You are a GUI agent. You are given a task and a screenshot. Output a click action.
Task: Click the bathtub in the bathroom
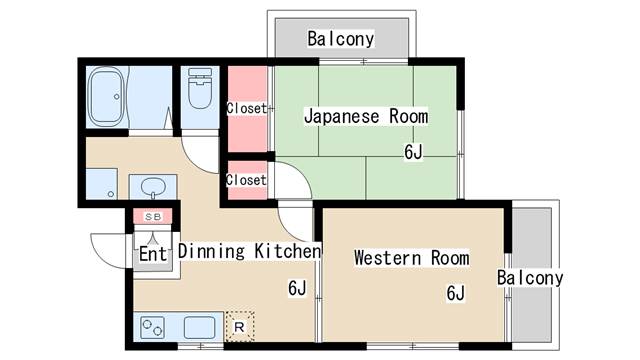coord(106,97)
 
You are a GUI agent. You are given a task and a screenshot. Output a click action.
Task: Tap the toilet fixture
coord(200,88)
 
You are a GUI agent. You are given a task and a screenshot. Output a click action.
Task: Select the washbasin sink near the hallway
coord(153,187)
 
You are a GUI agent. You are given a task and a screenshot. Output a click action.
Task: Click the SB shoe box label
coord(153,217)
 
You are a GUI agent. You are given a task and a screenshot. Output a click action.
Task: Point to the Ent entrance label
coord(153,254)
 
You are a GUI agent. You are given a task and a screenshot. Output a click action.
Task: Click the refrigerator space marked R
coord(240,327)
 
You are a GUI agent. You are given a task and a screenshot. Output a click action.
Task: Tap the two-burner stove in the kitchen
coord(152,327)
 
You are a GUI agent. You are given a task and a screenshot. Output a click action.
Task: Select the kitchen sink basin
coord(199,327)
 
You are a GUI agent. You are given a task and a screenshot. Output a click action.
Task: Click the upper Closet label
coord(246,108)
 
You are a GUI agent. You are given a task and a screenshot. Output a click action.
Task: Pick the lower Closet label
coord(246,180)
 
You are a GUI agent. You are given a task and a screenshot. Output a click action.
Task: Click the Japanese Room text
coord(366,116)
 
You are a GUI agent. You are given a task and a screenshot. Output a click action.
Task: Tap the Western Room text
coord(411,258)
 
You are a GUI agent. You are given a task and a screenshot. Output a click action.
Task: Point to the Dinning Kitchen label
coord(249,251)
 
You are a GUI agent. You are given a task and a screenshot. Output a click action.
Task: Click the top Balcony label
coord(340,39)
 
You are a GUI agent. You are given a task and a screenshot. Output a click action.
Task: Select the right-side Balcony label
coord(530,278)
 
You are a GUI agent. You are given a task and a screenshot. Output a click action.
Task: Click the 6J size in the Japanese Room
coord(413,152)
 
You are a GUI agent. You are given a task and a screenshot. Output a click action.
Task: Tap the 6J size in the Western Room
coord(456,293)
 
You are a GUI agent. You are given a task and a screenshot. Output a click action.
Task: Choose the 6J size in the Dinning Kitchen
coord(297,288)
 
